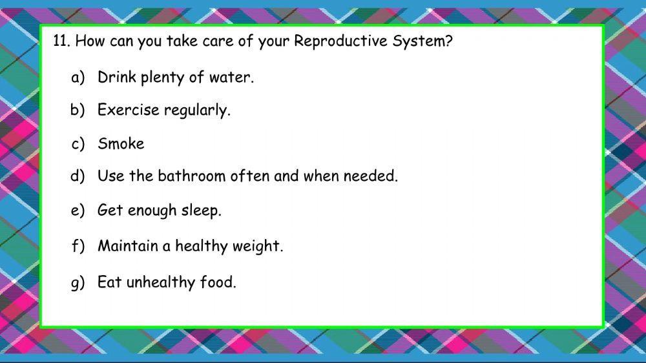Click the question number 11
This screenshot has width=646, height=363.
(x=61, y=42)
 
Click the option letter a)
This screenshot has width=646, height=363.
(x=78, y=78)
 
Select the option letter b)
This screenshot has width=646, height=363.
(x=78, y=110)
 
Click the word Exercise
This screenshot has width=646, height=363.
(x=128, y=110)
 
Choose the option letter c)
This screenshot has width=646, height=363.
(x=78, y=143)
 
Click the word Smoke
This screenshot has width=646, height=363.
(x=121, y=143)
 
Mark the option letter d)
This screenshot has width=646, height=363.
(x=78, y=176)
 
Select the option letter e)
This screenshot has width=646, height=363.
(x=78, y=211)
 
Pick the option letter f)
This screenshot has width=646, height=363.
(x=78, y=246)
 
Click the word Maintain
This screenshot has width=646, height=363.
(x=127, y=246)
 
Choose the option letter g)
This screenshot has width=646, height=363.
(x=78, y=282)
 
